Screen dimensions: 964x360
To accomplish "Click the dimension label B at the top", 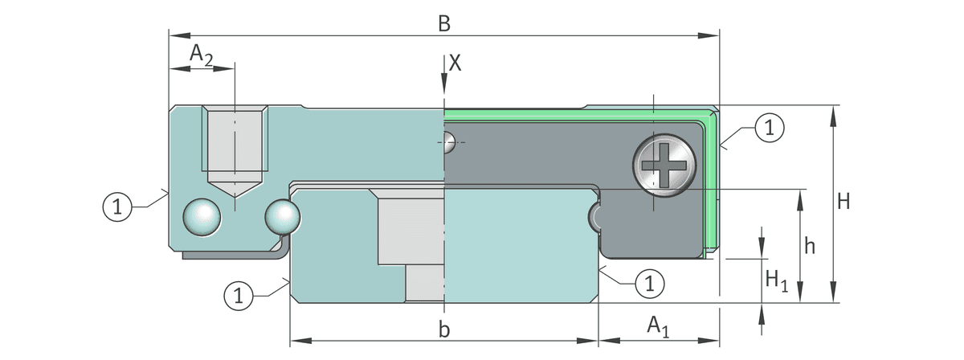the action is click(x=444, y=23).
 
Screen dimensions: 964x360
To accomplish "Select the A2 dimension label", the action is click(x=202, y=55).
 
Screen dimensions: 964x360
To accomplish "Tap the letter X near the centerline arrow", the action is click(x=455, y=63).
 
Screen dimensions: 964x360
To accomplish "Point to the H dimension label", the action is click(x=843, y=202).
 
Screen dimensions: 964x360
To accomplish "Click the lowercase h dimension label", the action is click(x=810, y=247).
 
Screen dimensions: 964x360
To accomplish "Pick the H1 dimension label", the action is click(x=777, y=280).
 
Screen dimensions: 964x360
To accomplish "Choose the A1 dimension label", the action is click(x=659, y=326).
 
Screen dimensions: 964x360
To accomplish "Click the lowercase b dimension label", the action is click(x=444, y=329).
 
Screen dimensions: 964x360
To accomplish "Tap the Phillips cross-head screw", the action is click(x=664, y=166).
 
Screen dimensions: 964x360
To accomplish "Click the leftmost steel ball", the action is click(x=202, y=217).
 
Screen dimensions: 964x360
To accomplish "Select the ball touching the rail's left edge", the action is click(x=283, y=217).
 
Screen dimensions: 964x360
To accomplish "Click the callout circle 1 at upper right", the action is click(x=770, y=128).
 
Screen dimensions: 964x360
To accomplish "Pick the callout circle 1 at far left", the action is click(x=117, y=207).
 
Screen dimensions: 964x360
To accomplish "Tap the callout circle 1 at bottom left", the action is click(x=239, y=296).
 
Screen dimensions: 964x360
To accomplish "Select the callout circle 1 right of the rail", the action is click(x=650, y=284).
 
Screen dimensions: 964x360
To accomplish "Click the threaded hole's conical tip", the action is click(x=235, y=189).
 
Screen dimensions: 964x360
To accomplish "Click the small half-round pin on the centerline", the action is click(x=449, y=142).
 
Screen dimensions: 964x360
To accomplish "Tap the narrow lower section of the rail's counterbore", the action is click(x=425, y=283).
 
